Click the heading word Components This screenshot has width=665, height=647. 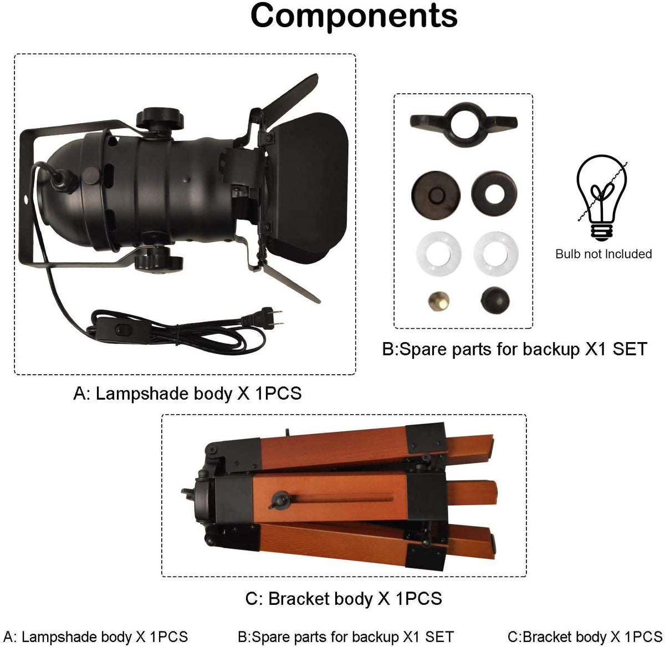(x=354, y=17)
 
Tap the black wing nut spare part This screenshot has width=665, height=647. (x=464, y=125)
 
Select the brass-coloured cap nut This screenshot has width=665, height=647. (x=439, y=301)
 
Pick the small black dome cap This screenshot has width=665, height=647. (x=495, y=300)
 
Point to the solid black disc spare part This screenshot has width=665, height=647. (x=436, y=195)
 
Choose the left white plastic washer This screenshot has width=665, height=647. (x=439, y=254)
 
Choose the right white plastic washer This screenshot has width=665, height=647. (x=496, y=254)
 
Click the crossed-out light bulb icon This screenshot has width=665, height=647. (x=602, y=198)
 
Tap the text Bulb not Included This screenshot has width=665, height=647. (x=603, y=254)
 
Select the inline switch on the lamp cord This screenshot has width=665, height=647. (x=122, y=329)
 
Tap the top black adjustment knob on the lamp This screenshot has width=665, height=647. (x=160, y=119)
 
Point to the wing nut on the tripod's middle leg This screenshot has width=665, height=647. (x=279, y=501)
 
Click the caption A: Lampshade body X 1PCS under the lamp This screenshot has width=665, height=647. (x=187, y=393)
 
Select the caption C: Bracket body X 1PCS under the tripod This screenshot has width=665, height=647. (x=344, y=598)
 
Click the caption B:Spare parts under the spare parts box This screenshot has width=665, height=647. (x=515, y=349)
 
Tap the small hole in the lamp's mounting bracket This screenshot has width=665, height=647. (x=25, y=199)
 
